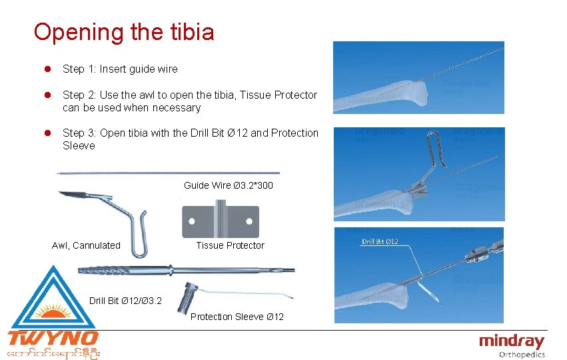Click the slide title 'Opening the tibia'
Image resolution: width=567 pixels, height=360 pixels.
(x=124, y=32)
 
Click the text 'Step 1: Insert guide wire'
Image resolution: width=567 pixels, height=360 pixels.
(x=120, y=69)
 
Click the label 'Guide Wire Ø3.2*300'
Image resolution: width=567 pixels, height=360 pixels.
(x=228, y=185)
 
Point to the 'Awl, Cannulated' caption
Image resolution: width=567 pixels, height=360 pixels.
(x=86, y=245)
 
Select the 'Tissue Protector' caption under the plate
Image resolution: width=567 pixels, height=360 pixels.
(x=230, y=245)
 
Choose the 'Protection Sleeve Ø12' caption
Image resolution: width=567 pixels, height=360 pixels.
(x=237, y=317)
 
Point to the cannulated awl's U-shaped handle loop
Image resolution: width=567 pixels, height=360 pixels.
(x=139, y=233)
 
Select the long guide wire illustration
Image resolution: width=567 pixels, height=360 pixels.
(x=167, y=173)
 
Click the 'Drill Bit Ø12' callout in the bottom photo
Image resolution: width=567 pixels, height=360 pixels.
(x=380, y=241)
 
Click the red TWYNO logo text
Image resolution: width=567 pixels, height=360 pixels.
(x=53, y=338)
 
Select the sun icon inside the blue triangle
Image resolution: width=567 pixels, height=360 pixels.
(x=51, y=311)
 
